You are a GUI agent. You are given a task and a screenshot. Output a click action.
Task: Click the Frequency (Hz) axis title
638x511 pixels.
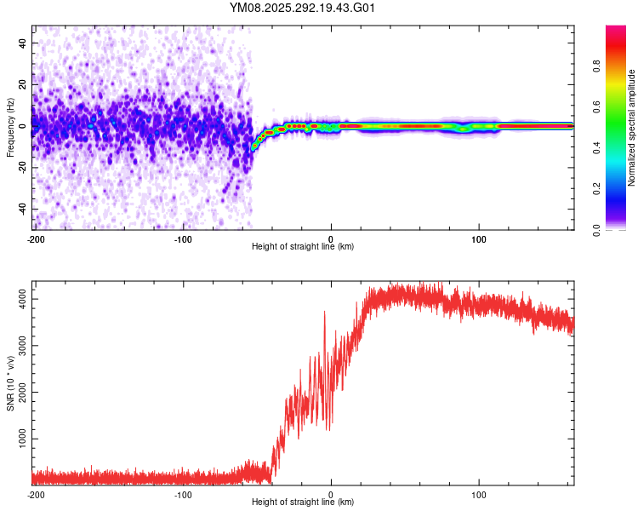coord(10,128)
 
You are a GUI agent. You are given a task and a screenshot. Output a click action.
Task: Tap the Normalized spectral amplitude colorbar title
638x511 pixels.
coord(631,128)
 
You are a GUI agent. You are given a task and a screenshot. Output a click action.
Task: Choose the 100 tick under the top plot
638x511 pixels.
coord(478,238)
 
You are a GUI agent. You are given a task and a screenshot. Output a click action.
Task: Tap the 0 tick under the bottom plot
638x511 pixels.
coord(331,494)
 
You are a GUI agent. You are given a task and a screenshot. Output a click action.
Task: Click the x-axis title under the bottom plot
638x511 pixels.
coord(303,502)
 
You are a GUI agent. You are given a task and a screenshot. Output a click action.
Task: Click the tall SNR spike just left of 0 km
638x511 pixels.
coord(324,313)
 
